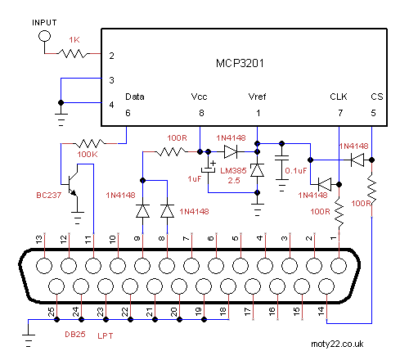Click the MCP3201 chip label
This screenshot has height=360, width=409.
click(x=240, y=63)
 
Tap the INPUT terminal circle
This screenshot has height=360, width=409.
click(x=44, y=36)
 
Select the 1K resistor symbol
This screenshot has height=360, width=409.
click(x=73, y=53)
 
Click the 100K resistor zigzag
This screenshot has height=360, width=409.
click(x=89, y=143)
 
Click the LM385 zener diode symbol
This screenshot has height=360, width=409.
click(x=257, y=170)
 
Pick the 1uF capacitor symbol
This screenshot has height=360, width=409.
click(x=209, y=169)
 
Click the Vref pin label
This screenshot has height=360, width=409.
click(x=257, y=97)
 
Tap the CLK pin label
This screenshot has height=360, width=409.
click(x=339, y=97)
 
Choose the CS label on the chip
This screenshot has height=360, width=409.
click(x=377, y=97)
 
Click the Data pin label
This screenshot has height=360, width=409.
click(x=135, y=97)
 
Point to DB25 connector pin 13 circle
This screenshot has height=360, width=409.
click(x=44, y=265)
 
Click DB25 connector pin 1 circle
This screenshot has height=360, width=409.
click(x=339, y=265)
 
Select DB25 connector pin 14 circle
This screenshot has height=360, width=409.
click(x=326, y=286)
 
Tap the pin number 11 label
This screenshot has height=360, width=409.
click(x=88, y=240)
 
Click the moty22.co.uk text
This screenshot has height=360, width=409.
click(x=337, y=344)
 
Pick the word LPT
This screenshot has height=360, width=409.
click(x=106, y=335)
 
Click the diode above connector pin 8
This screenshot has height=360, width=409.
click(x=167, y=211)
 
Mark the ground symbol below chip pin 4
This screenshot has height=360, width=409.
click(x=61, y=119)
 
